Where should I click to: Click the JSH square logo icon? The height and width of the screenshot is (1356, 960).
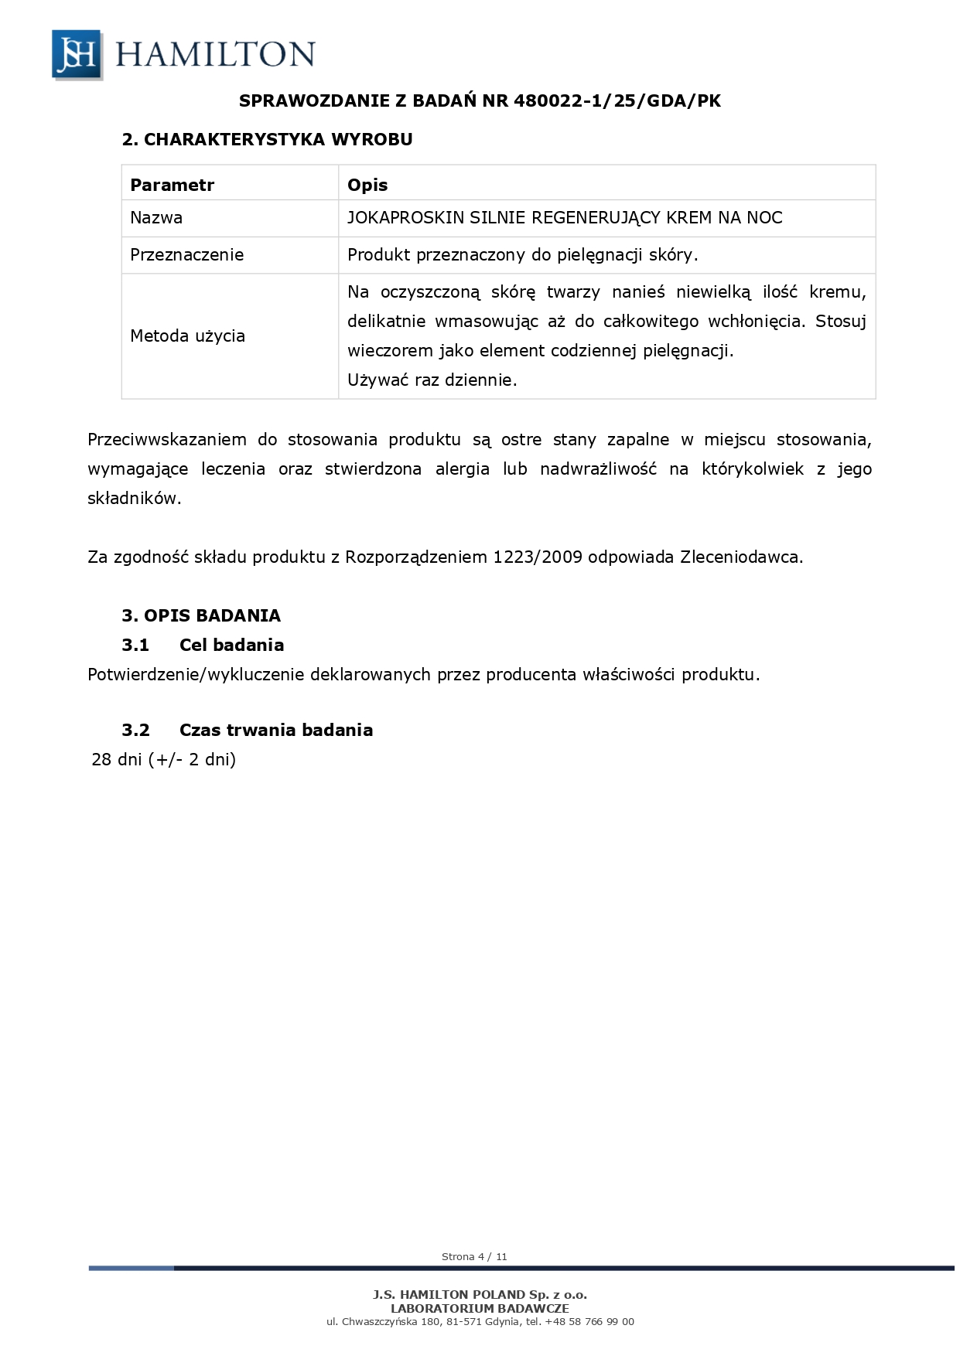coord(77,54)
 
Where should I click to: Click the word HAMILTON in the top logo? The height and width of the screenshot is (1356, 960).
coord(215,55)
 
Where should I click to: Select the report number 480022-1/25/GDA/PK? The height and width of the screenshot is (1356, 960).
coord(617,101)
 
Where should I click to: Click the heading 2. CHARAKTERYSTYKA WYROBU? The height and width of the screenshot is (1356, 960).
coord(267,139)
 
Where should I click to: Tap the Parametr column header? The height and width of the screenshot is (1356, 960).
coord(172,185)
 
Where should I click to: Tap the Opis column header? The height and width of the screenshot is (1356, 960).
coord(367,185)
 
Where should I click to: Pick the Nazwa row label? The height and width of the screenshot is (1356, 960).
coord(156,218)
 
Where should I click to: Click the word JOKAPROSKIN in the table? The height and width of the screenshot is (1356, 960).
coord(405,218)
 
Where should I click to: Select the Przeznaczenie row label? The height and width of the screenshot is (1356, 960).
coord(186,255)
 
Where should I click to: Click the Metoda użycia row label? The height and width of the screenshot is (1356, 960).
coord(187,336)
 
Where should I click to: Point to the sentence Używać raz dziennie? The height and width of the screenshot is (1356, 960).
coord(432,380)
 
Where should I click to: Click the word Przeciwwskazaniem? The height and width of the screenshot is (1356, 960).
coord(167,440)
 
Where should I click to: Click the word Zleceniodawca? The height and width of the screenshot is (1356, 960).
coord(741,557)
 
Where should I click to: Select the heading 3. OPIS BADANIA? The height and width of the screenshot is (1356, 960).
coord(201,615)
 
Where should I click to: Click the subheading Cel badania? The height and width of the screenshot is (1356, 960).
coord(231,645)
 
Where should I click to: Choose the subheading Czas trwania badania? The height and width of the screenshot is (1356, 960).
coord(275,730)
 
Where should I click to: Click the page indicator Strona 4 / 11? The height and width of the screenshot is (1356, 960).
coord(474,1256)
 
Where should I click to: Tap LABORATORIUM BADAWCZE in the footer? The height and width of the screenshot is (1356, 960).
coord(480,1308)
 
